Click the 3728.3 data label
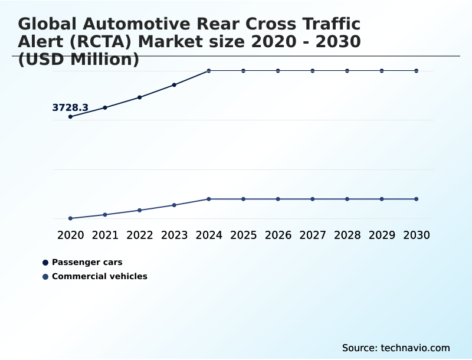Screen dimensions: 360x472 click(x=70, y=107)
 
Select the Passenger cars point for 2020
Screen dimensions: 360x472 click(x=70, y=117)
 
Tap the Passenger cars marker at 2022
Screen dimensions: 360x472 click(x=140, y=97)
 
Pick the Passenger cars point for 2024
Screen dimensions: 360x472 click(x=209, y=71)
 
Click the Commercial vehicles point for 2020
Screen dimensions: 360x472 click(x=70, y=218)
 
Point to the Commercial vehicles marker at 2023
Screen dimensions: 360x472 click(x=174, y=205)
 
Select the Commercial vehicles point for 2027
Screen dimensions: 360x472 click(x=313, y=199)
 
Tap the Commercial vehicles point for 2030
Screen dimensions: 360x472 click(x=417, y=199)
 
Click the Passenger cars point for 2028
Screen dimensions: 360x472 click(x=347, y=71)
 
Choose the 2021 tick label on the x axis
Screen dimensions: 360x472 click(x=105, y=235)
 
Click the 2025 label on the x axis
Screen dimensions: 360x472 click(x=243, y=235)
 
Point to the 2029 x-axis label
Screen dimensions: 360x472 click(x=382, y=235)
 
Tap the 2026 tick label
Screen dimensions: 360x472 click(x=278, y=235)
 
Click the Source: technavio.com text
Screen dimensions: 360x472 click(x=396, y=348)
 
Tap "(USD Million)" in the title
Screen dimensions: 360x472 click(x=78, y=60)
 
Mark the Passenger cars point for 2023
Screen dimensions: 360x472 click(x=174, y=85)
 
